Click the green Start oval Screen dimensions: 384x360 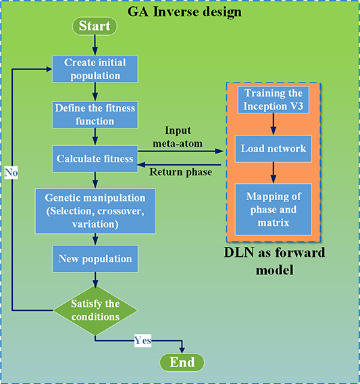(95, 27)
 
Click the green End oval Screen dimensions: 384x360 (181, 362)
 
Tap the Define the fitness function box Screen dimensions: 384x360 (95, 114)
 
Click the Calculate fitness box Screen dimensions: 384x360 (95, 160)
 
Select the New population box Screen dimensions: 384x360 (95, 258)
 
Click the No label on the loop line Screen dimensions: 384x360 (11, 173)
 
